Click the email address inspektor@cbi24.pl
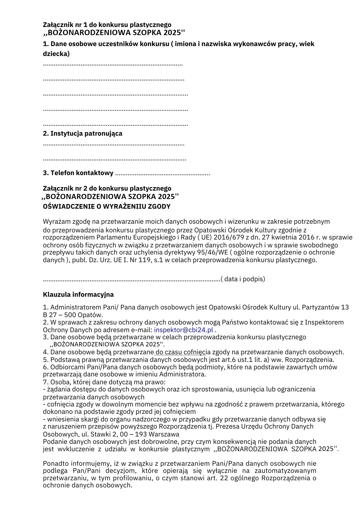click(x=183, y=330)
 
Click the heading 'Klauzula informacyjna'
click(x=78, y=294)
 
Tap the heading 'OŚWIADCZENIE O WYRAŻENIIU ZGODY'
click(x=107, y=206)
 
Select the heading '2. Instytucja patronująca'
click(x=82, y=133)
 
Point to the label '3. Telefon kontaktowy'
click(x=78, y=173)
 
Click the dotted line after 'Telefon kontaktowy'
click(x=162, y=174)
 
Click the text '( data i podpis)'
click(x=243, y=279)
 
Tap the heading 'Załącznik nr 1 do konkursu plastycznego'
click(x=107, y=25)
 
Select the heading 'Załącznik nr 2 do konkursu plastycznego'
click(x=107, y=188)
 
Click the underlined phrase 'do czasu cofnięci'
click(x=180, y=352)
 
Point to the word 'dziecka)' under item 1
click(x=56, y=54)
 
